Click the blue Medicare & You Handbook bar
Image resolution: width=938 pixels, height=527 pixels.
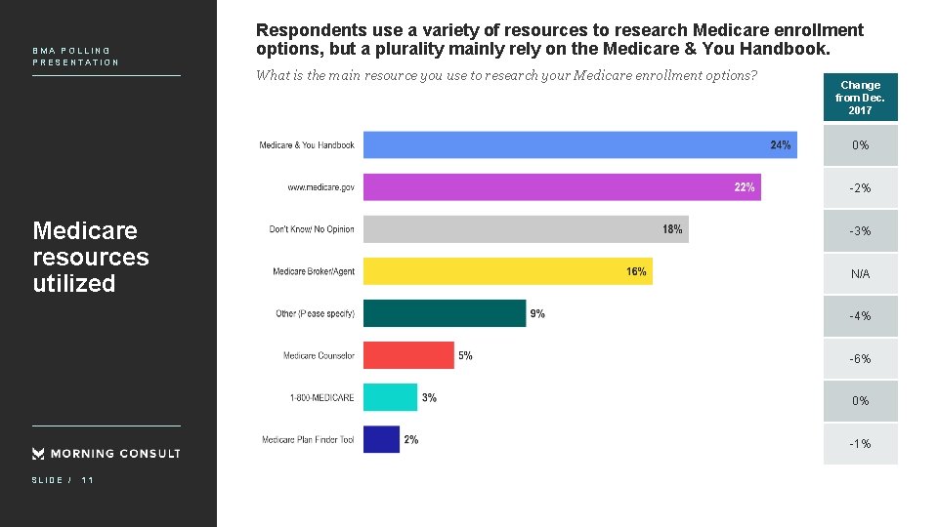pyautogui.click(x=579, y=144)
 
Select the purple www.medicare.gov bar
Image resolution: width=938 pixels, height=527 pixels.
pyautogui.click(x=562, y=186)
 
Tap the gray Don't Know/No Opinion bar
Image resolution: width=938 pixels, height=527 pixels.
pyautogui.click(x=526, y=229)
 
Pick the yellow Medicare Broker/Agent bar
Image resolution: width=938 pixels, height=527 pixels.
pyautogui.click(x=507, y=271)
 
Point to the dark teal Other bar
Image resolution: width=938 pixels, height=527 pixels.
pyautogui.click(x=445, y=313)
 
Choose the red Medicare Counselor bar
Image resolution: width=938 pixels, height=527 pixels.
pyautogui.click(x=408, y=355)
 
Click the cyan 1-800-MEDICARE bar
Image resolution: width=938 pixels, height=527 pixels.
pyautogui.click(x=390, y=397)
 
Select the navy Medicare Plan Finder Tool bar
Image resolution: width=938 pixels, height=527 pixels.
pyautogui.click(x=381, y=439)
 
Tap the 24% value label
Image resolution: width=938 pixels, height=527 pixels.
pyautogui.click(x=781, y=144)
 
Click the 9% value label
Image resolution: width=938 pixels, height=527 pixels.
pyautogui.click(x=537, y=313)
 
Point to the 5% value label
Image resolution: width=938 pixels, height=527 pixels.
pyautogui.click(x=465, y=355)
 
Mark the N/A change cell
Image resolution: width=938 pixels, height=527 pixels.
pyautogui.click(x=860, y=274)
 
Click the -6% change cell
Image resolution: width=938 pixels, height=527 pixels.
pyautogui.click(x=860, y=359)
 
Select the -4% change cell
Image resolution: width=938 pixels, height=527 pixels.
pyautogui.click(x=860, y=316)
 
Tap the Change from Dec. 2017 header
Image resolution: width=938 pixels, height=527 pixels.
pyautogui.click(x=860, y=98)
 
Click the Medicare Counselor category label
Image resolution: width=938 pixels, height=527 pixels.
pyautogui.click(x=319, y=355)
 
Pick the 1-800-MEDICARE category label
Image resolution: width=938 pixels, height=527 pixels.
pyautogui.click(x=321, y=398)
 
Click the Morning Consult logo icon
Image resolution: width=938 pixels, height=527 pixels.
pyautogui.click(x=38, y=453)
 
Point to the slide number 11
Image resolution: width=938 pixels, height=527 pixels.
pyautogui.click(x=88, y=480)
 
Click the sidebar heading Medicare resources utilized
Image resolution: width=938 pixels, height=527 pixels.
pyautogui.click(x=90, y=257)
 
